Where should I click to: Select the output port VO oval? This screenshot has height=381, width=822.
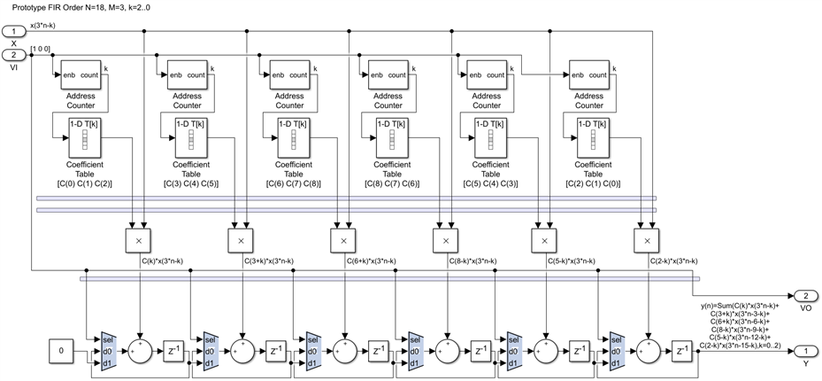805,295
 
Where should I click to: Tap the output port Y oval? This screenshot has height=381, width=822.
805,352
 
